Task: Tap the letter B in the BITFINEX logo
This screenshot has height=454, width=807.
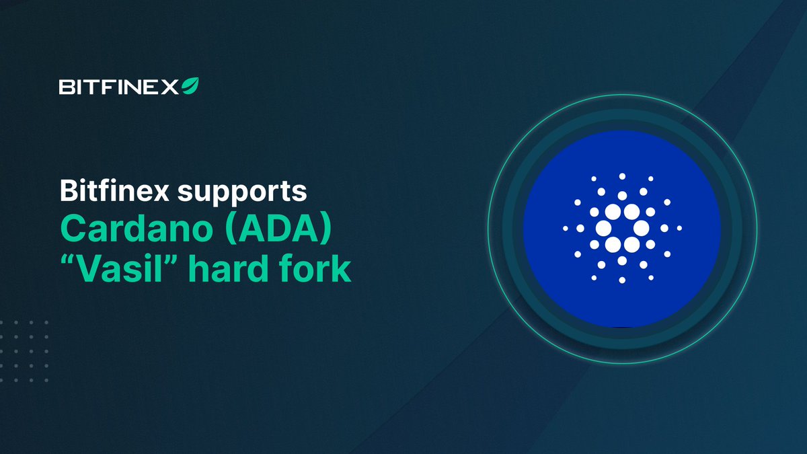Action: pyautogui.click(x=65, y=87)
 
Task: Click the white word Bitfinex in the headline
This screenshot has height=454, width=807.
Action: pyautogui.click(x=114, y=192)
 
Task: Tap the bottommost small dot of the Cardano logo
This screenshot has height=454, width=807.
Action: pyautogui.click(x=622, y=280)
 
